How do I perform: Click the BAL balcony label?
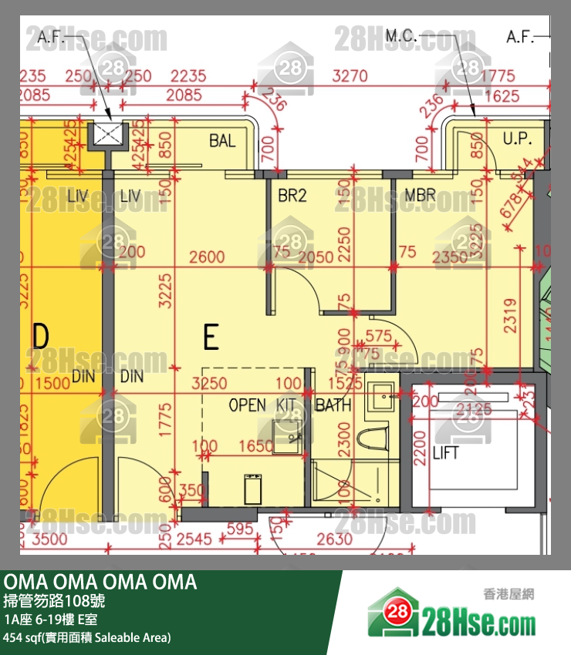[x=222, y=141]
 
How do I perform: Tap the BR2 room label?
[x=292, y=196]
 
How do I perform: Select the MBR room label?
[x=420, y=196]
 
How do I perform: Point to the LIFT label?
[x=445, y=452]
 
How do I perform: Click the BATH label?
[x=333, y=405]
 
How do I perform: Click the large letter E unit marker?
[x=211, y=338]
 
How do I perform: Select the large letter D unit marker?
[x=40, y=337]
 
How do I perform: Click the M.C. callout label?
[x=401, y=36]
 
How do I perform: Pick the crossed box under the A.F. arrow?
[x=106, y=135]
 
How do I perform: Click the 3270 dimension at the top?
[x=349, y=76]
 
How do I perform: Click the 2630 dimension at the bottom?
[x=334, y=539]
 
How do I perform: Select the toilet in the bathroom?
[x=377, y=437]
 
